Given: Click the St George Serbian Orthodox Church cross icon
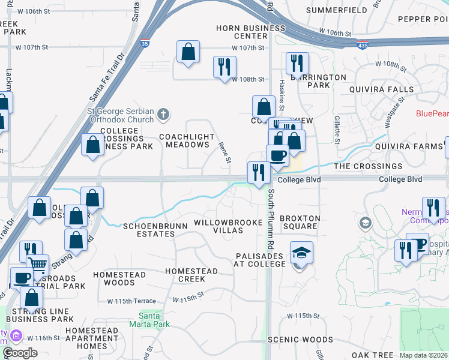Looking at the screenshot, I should tap(163, 113).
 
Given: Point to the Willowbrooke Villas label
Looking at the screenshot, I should tap(228, 227).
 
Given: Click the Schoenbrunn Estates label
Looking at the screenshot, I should tap(149, 230).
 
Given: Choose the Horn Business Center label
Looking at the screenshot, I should tap(251, 32).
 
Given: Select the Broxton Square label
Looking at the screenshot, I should tap(300, 222).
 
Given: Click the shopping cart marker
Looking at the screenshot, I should tap(38, 265).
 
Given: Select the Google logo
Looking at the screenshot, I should tap(20, 353).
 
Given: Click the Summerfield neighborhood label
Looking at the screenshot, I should tap(336, 10).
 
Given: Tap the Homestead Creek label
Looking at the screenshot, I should tap(185, 275).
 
